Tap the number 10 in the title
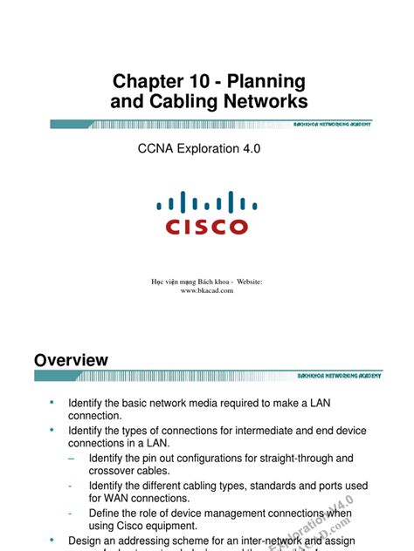click(205, 82)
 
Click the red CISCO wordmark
click(207, 227)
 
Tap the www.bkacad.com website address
click(208, 290)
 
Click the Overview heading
click(71, 360)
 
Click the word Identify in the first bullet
click(86, 404)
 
